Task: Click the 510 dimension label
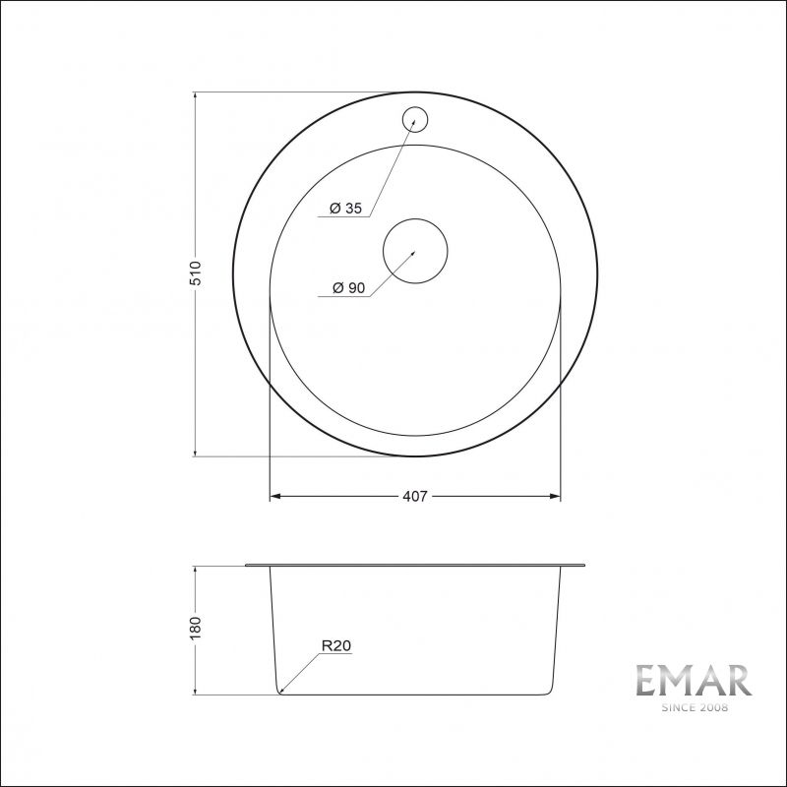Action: [196, 273]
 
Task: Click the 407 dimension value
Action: [415, 497]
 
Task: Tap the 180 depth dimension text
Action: [196, 627]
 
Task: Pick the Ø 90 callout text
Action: [349, 288]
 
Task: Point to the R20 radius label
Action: [336, 646]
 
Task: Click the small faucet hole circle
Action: [414, 119]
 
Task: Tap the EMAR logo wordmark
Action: [693, 681]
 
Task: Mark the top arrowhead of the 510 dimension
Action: [196, 96]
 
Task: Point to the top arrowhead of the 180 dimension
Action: [196, 571]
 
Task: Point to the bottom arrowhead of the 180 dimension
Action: [196, 690]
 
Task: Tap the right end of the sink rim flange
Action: [584, 566]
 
